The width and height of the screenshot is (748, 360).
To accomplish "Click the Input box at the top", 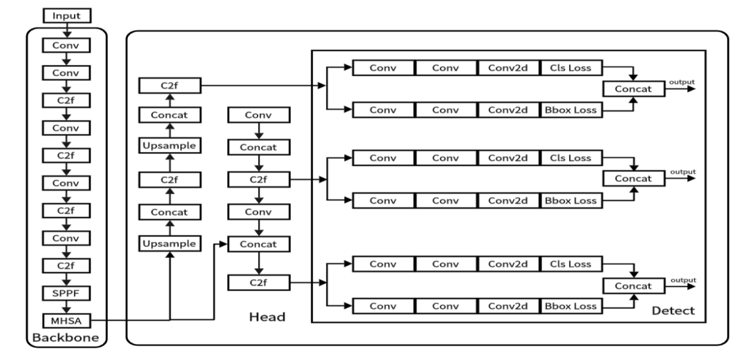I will [67, 15].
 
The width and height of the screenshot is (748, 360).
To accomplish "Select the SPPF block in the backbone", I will [67, 294].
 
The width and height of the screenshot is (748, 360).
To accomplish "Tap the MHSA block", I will [67, 320].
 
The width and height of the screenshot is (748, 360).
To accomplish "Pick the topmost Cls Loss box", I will [570, 68].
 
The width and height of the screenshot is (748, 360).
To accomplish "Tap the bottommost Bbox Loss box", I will [570, 305].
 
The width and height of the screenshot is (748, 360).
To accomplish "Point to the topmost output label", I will [681, 83].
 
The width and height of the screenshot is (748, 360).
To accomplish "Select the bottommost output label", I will [681, 280].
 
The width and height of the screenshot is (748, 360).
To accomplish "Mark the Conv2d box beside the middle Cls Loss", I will [509, 158].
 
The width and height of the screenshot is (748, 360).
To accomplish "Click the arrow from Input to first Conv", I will [67, 30].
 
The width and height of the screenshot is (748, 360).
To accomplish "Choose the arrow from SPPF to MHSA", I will [67, 307].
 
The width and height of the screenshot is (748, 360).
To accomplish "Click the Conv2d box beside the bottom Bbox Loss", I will [509, 305].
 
